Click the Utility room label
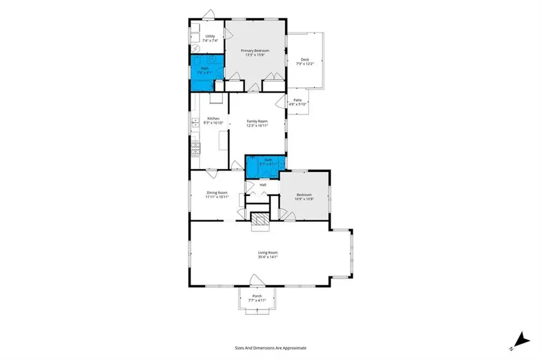point(210,36)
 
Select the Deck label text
point(305,59)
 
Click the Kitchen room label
point(213,118)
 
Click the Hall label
point(263,185)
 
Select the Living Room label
point(268,252)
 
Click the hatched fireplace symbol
point(260,221)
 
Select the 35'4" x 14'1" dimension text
point(268,257)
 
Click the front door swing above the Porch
point(255,279)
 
